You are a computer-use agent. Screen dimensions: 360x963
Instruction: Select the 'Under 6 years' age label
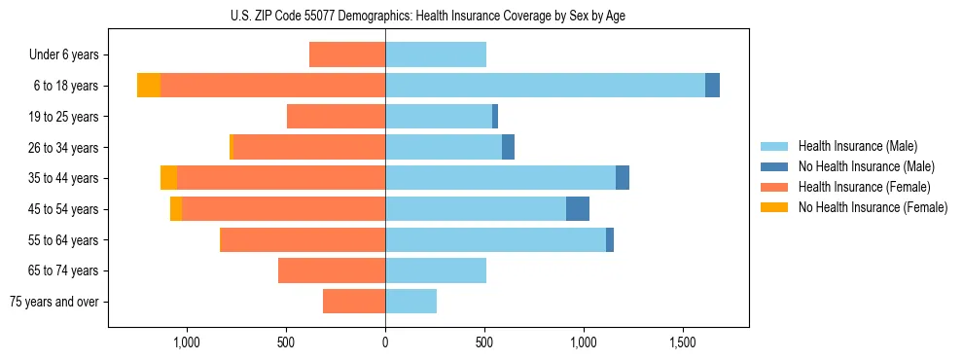pos(63,55)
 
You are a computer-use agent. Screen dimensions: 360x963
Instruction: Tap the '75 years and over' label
pos(54,302)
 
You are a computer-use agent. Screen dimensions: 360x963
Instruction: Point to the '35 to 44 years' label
pos(64,178)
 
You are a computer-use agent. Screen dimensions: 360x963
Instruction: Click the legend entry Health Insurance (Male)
pos(857,146)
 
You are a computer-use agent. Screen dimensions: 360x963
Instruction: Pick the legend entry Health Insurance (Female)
pos(865,187)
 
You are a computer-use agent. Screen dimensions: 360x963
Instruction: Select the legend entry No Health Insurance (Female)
pos(873,207)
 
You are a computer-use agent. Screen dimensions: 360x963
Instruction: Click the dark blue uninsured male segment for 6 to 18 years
pos(712,86)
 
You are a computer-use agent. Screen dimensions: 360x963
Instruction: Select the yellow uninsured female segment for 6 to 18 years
pos(149,86)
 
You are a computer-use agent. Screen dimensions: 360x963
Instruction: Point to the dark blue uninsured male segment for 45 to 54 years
pos(578,209)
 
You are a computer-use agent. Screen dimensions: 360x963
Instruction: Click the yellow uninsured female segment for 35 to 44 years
pos(169,178)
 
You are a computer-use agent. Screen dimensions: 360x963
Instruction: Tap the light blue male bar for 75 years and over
pos(411,302)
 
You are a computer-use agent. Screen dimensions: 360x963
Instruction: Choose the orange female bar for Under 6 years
pos(347,55)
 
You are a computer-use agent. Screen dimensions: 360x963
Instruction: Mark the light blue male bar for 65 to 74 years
pos(436,270)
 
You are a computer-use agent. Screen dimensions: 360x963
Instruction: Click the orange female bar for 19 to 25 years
pos(337,117)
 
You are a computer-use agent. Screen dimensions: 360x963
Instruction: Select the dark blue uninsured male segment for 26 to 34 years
pos(508,148)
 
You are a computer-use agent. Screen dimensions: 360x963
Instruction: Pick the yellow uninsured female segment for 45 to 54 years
pos(176,209)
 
